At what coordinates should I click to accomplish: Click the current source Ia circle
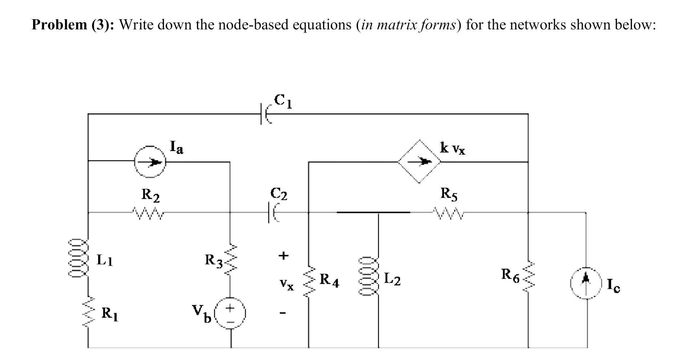(149, 162)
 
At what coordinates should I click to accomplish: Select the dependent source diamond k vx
(419, 161)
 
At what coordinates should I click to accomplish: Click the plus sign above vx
(283, 255)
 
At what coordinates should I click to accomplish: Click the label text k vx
(452, 148)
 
